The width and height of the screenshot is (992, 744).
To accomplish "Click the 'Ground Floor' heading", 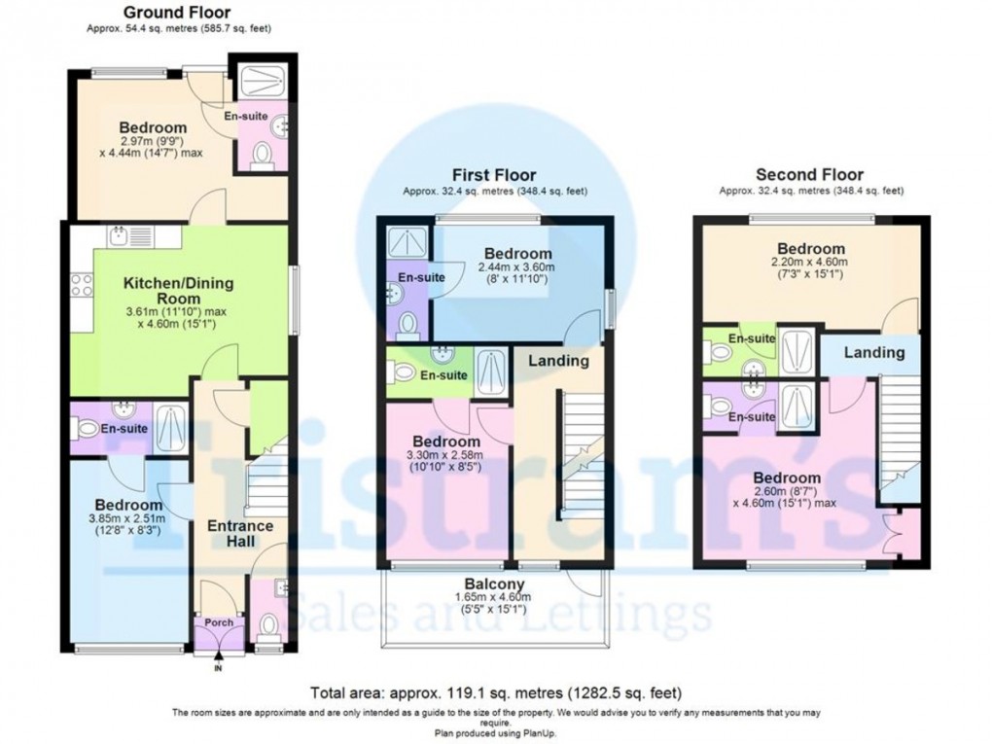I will (178, 13).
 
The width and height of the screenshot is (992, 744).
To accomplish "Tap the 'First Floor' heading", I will (496, 175).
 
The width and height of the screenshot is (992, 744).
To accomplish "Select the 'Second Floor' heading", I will (810, 175).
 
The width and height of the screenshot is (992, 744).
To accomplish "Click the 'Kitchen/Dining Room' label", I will (177, 292).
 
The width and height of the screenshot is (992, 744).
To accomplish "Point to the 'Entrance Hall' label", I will (240, 533).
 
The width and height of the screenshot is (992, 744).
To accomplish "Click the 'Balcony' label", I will (494, 585).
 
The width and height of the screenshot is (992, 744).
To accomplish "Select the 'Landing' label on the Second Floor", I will (873, 352).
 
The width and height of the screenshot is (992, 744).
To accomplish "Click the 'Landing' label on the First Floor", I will (557, 361).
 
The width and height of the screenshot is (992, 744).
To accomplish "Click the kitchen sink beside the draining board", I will (119, 235).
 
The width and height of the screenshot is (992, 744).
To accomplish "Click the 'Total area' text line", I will (495, 693).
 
